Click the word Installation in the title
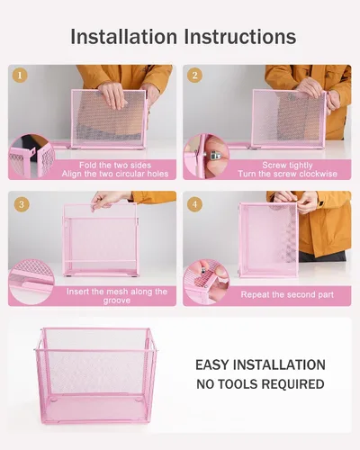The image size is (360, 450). click(x=123, y=37)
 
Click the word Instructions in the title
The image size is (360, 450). click(x=240, y=37)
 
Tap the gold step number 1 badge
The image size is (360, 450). click(x=20, y=76)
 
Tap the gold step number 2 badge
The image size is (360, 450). click(x=194, y=76)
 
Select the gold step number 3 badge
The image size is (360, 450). click(x=22, y=204)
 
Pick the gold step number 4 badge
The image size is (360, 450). click(x=194, y=204)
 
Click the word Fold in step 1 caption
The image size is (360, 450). click(x=88, y=165)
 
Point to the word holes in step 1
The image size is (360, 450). click(x=157, y=174)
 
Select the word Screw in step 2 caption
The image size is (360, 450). click(x=273, y=165)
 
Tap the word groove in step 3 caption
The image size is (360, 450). click(x=117, y=301)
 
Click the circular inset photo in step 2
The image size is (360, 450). click(x=206, y=157)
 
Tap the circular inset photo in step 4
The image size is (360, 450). click(x=206, y=283)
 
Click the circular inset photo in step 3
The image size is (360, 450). click(x=31, y=283)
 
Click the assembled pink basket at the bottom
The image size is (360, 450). click(x=95, y=376)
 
